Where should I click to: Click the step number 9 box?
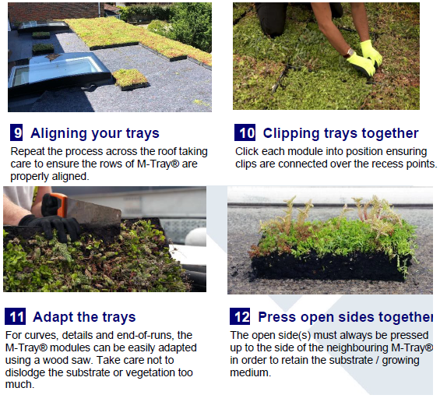click(16, 132)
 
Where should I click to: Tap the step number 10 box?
click(245, 132)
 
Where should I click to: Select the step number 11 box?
click(15, 316)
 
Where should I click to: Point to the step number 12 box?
click(240, 316)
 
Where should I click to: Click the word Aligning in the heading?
click(58, 133)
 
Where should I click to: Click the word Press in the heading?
click(277, 317)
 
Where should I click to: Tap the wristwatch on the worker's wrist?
click(350, 53)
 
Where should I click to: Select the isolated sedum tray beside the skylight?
click(130, 79)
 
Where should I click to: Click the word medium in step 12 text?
click(250, 372)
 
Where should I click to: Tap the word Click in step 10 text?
click(247, 151)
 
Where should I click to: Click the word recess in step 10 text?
click(368, 164)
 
